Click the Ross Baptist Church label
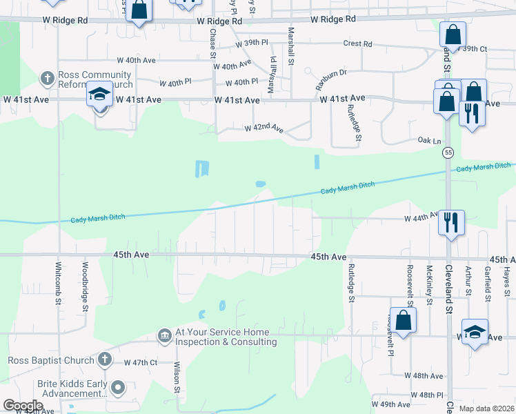[x=51, y=360]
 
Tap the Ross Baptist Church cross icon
[x=104, y=359]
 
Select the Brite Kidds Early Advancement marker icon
[x=118, y=388]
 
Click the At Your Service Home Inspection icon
[x=165, y=335]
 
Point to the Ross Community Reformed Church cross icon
[x=48, y=78]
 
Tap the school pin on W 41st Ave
[x=99, y=94]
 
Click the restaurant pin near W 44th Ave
[x=451, y=222]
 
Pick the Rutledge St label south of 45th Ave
[x=350, y=283]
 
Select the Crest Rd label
[x=358, y=44]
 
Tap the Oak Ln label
[x=429, y=140]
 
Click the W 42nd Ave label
[x=264, y=128]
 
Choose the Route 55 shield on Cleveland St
[x=448, y=152]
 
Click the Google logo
[x=23, y=406]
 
